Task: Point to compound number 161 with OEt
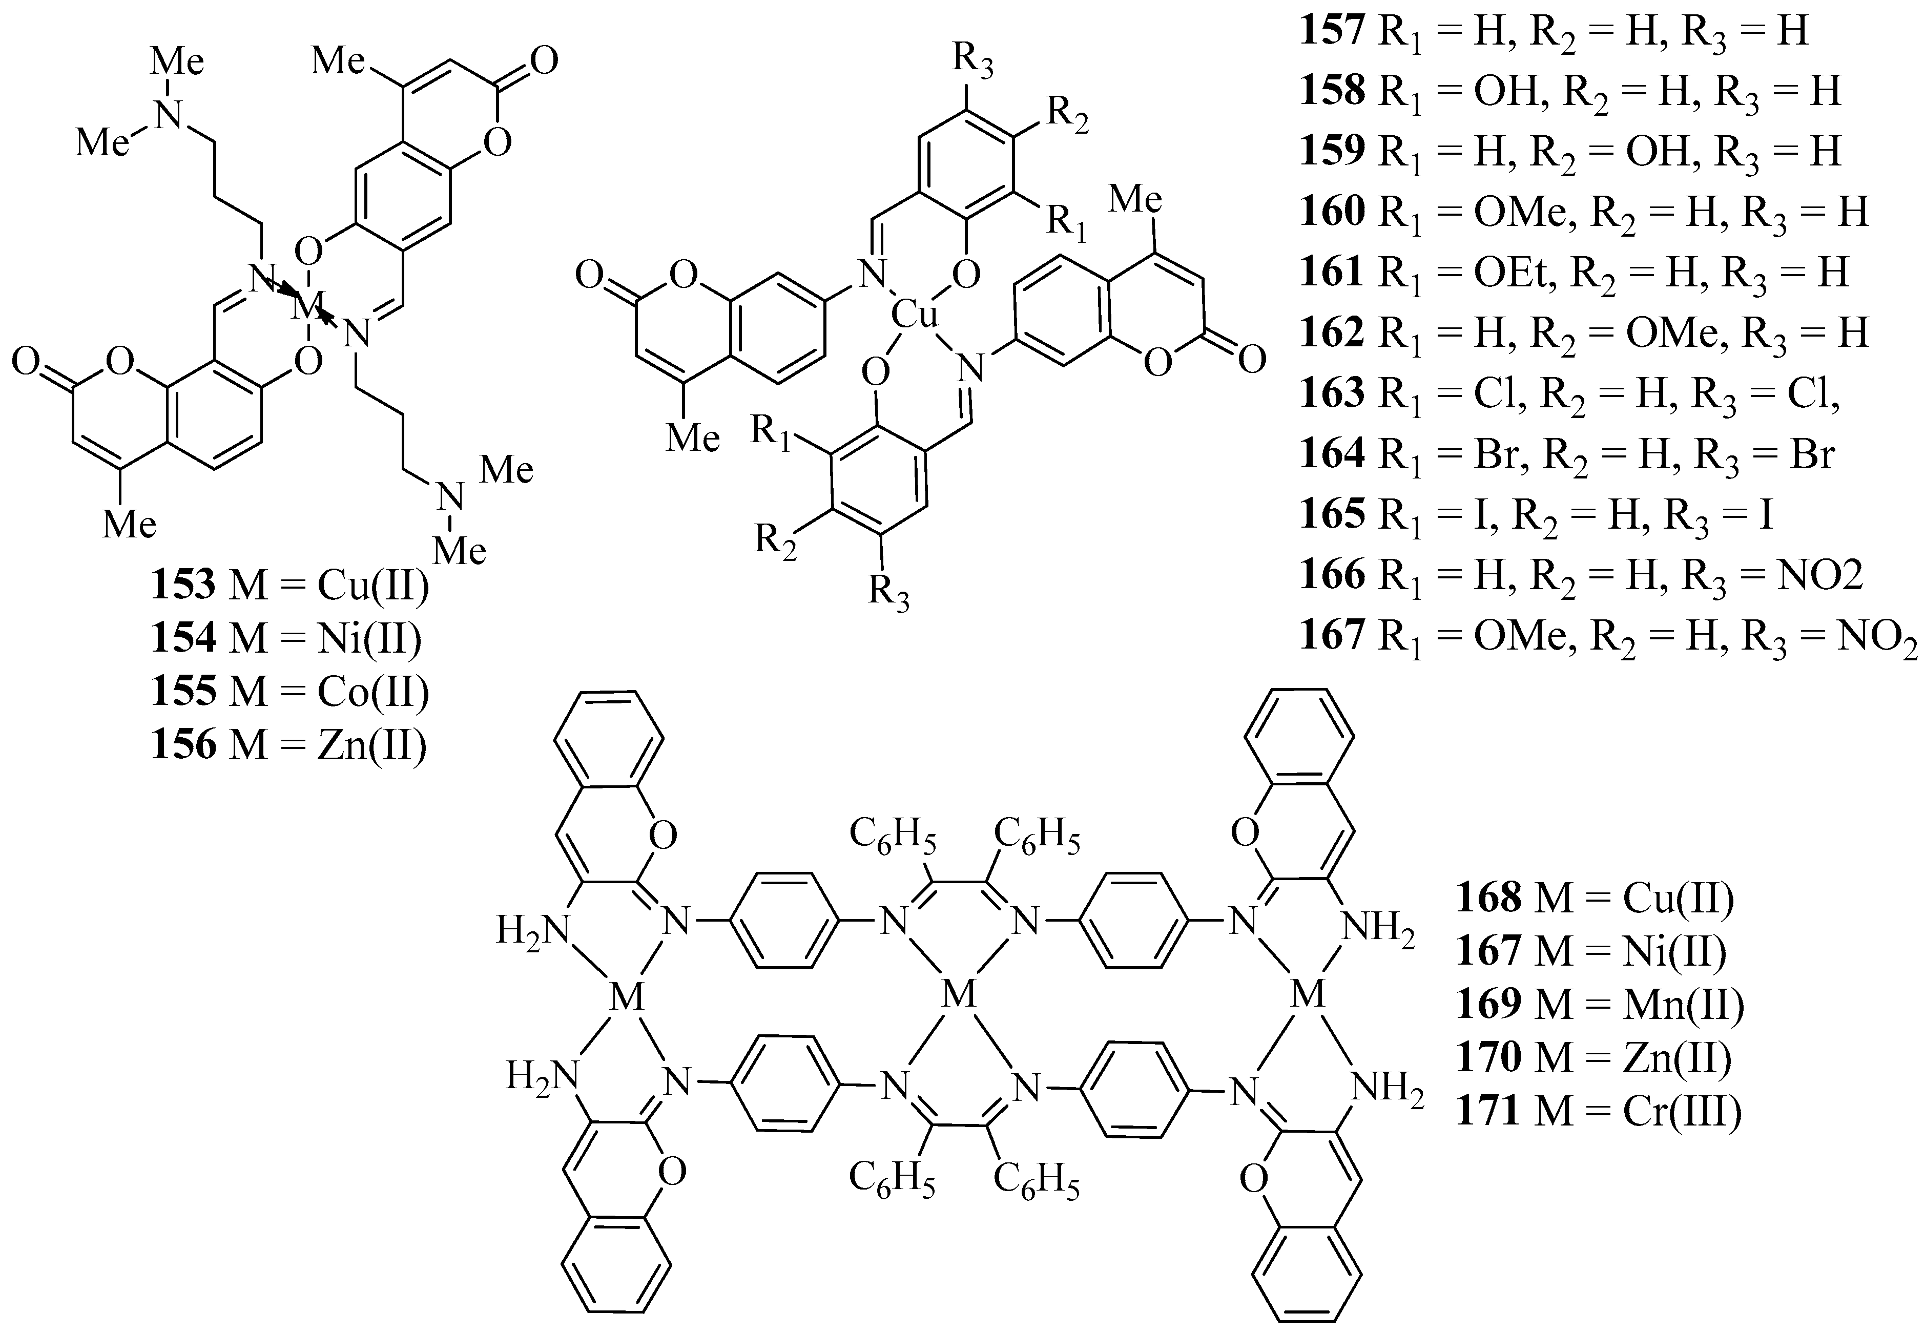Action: (1332, 272)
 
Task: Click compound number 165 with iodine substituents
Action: (1332, 514)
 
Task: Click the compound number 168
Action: (1488, 898)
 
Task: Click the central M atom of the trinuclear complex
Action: (960, 995)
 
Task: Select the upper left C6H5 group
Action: (892, 837)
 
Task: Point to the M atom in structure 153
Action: (307, 307)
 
